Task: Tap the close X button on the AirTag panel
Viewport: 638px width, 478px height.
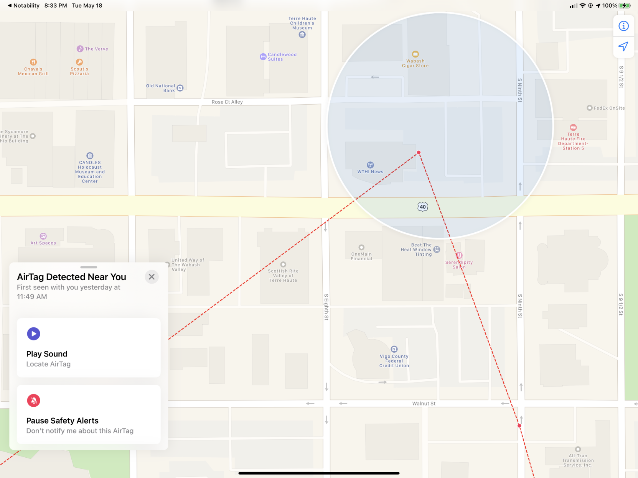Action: [x=152, y=277]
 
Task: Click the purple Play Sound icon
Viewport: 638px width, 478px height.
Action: [x=34, y=334]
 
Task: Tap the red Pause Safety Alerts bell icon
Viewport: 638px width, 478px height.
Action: [x=34, y=401]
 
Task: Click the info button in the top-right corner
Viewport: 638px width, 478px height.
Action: [x=623, y=26]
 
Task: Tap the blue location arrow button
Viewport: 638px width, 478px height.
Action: [x=623, y=47]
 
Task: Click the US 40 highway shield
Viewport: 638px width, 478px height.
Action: [x=422, y=207]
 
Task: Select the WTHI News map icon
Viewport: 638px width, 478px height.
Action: [x=370, y=165]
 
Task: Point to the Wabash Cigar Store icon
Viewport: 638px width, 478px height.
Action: [x=415, y=54]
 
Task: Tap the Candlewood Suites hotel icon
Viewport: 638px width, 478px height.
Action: [x=263, y=57]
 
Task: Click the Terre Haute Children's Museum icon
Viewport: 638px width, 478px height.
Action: [x=302, y=35]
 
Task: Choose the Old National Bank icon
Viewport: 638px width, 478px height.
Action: [x=180, y=88]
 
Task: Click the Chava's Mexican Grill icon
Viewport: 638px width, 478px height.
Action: [x=33, y=62]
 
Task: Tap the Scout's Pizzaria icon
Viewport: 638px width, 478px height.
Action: [x=79, y=62]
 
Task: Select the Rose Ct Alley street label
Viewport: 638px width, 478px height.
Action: [x=227, y=102]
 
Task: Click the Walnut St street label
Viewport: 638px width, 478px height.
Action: [x=424, y=404]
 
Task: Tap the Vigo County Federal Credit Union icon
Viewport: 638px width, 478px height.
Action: [x=394, y=349]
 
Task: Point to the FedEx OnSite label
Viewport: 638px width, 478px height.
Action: [x=609, y=108]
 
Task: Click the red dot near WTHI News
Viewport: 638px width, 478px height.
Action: [x=419, y=153]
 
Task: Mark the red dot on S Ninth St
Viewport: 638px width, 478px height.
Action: [x=519, y=426]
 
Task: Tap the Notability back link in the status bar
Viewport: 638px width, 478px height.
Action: [x=23, y=6]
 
